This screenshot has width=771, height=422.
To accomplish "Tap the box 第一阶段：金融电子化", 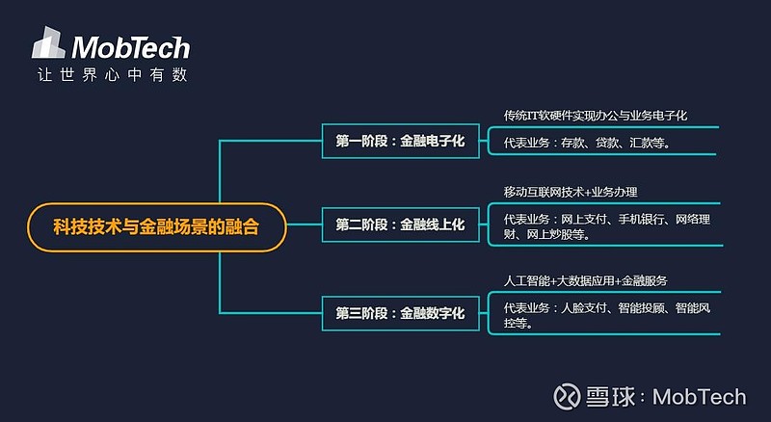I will tap(400, 141).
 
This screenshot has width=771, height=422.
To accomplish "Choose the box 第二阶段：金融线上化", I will tap(400, 224).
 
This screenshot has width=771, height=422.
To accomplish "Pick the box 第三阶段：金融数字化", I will tap(400, 313).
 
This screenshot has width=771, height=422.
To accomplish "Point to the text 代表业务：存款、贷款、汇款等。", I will tap(586, 143).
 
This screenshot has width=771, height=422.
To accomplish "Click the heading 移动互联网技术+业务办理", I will tap(571, 192).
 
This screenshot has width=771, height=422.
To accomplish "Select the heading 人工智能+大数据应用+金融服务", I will tap(585, 280).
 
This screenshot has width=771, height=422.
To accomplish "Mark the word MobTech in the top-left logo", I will tap(131, 47).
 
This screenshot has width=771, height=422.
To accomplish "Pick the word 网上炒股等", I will tap(560, 233).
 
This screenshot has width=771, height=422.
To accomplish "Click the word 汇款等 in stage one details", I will tap(647, 143).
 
